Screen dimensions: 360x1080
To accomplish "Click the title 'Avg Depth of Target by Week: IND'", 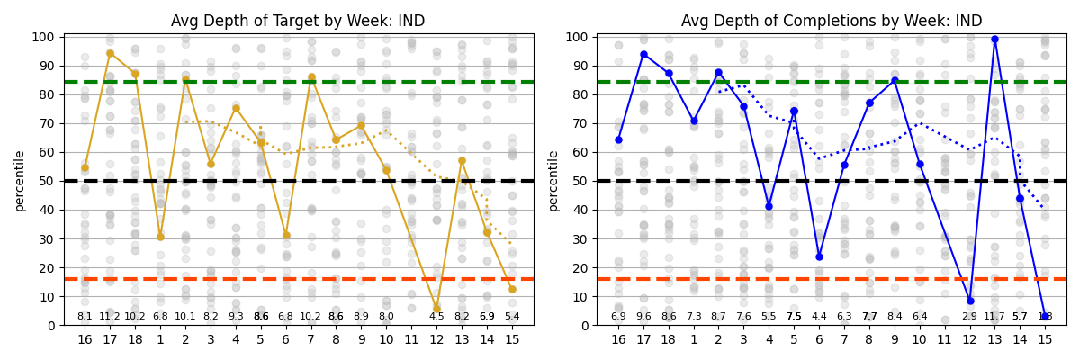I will point(298,21).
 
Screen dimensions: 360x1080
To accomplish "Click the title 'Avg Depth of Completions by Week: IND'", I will point(832,21).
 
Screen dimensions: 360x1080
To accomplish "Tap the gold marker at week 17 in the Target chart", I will point(110,53).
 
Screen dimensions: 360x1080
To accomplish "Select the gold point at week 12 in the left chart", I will point(436,309).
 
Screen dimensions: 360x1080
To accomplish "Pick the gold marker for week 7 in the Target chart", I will point(311,77).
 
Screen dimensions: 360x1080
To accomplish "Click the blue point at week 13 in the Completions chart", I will point(994,40).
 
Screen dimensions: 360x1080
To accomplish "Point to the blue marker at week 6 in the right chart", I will point(819,256).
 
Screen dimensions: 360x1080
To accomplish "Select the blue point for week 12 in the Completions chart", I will point(970,301).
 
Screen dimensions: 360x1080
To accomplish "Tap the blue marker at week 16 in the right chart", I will point(618,139).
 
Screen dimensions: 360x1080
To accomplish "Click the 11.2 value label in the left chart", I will point(110,317).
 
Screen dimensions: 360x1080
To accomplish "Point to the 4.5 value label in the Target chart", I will point(436,317).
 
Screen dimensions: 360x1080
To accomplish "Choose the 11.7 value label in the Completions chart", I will point(994,317).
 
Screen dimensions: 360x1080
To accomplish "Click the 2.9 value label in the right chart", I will point(969,317).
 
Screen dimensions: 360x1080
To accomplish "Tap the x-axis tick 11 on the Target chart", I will point(411,339).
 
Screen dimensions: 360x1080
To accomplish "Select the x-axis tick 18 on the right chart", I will point(669,339).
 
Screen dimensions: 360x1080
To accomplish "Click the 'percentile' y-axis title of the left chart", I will point(20,181).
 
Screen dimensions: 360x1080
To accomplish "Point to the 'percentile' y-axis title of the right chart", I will point(553,181).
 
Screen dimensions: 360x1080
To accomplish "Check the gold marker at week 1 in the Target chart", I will point(160,238).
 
